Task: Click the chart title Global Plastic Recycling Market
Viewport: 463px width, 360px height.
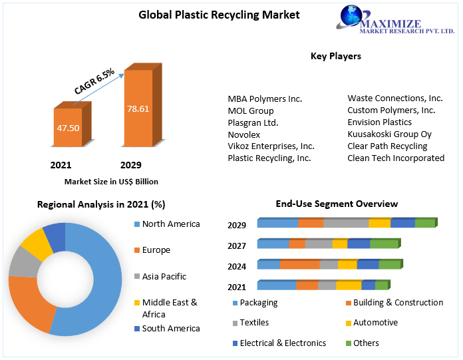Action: click(x=210, y=15)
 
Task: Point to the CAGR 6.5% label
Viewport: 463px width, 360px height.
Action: click(x=94, y=80)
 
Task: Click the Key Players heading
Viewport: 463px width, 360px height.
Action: click(x=336, y=57)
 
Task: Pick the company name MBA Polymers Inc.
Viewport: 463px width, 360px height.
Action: click(x=265, y=98)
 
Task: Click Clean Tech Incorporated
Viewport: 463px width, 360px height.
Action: click(x=396, y=158)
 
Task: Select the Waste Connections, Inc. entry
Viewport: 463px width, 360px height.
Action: click(x=395, y=98)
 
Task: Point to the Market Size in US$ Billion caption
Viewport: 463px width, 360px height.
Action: click(x=111, y=181)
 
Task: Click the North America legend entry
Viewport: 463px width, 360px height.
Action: click(x=170, y=224)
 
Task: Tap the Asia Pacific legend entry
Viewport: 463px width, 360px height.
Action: click(x=164, y=276)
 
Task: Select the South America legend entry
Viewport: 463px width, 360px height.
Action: click(x=170, y=328)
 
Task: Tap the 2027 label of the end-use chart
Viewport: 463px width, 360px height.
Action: click(x=236, y=246)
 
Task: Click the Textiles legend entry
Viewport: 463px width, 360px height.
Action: click(x=254, y=323)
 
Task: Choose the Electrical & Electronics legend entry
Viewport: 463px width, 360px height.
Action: click(x=283, y=343)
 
